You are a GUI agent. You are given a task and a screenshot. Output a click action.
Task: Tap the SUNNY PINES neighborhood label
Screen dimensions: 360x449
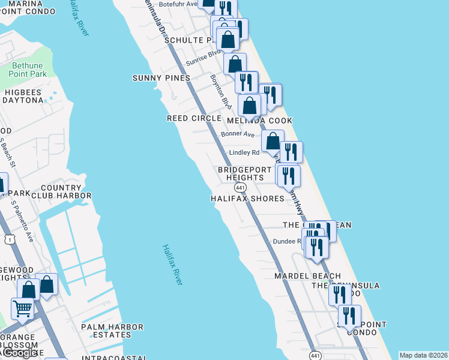tap(161, 78)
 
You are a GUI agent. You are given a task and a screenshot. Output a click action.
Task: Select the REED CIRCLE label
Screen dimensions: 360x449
tap(194, 118)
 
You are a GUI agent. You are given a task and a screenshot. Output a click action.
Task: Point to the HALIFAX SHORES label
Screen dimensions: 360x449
tap(247, 199)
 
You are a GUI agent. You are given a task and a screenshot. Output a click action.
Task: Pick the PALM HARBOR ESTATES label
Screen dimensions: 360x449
tap(112, 331)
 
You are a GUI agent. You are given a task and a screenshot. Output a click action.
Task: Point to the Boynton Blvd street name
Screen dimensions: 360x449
tap(220, 91)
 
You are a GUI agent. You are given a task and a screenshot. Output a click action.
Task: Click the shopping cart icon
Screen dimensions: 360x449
tap(23, 309)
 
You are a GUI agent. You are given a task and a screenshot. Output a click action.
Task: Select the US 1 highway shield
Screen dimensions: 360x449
tap(8, 239)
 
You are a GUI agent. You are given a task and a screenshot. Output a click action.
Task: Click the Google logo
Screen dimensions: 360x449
tap(20, 353)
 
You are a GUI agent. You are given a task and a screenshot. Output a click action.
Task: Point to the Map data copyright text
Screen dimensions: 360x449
tap(423, 355)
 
